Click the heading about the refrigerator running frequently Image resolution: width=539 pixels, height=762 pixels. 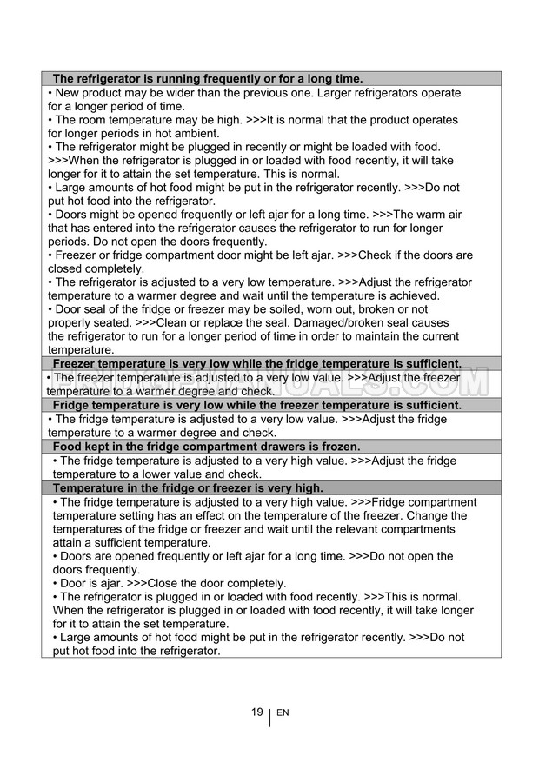click(207, 78)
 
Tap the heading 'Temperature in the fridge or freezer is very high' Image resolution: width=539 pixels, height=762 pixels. click(188, 488)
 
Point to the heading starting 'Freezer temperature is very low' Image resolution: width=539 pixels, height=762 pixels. click(256, 363)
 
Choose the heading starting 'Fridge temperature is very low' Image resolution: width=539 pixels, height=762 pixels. click(256, 406)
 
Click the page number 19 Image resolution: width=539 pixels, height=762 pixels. click(257, 712)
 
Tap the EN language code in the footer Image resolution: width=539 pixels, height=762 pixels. click(283, 713)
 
